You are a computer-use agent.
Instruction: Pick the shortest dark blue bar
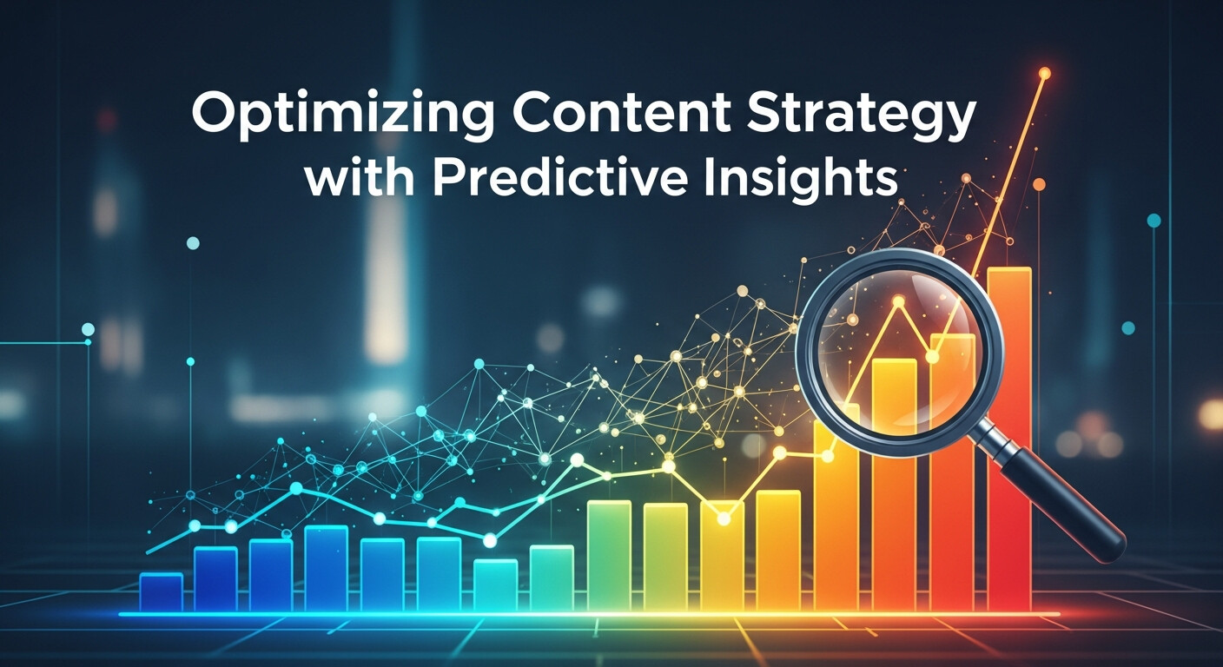pos(161,592)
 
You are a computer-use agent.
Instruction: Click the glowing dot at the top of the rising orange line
pos(1045,74)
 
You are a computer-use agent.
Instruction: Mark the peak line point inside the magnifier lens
pos(898,301)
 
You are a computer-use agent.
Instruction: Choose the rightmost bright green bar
pos(609,556)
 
